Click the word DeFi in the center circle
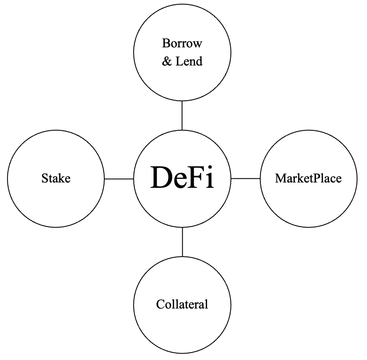click(x=182, y=178)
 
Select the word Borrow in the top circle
click(x=182, y=43)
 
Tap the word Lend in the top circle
click(x=189, y=62)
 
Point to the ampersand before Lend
click(x=167, y=62)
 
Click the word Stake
click(x=56, y=178)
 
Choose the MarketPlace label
click(x=308, y=178)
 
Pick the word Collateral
click(x=182, y=304)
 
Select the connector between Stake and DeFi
click(x=119, y=179)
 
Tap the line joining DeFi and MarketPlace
click(x=246, y=178)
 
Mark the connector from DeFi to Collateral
click(x=182, y=242)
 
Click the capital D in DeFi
click(x=160, y=178)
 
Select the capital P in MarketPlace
click(x=318, y=178)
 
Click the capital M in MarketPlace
click(x=280, y=178)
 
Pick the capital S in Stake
click(x=45, y=178)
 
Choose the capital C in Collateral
click(x=160, y=304)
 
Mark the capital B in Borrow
click(x=166, y=43)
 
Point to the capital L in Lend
click(x=179, y=62)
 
